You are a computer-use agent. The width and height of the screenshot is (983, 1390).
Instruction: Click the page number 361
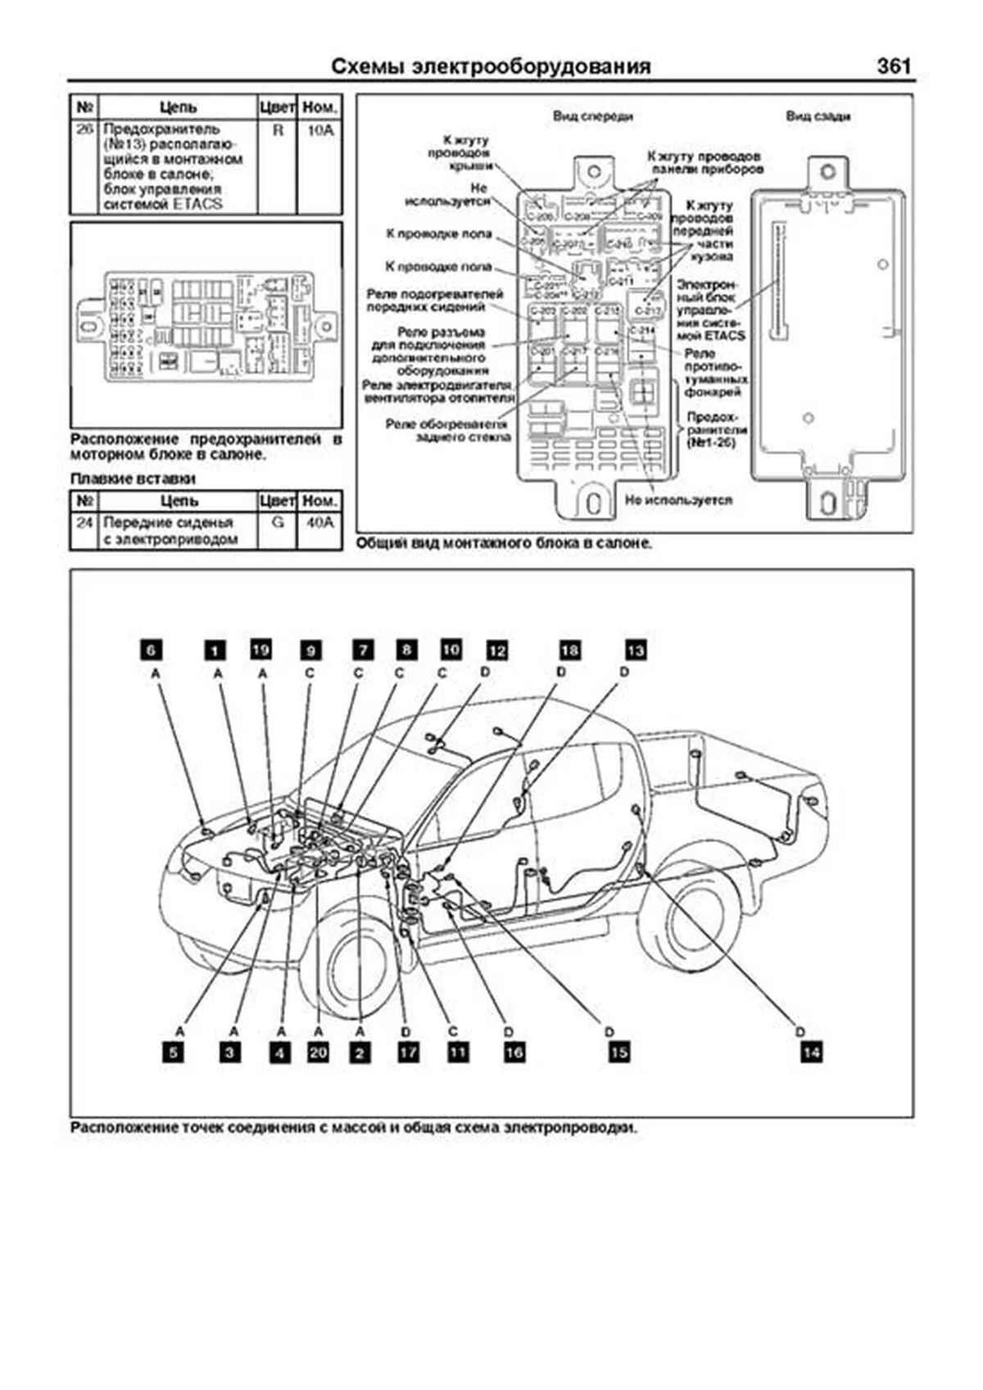(x=893, y=66)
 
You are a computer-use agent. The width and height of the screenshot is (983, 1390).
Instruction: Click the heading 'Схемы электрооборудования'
(x=491, y=66)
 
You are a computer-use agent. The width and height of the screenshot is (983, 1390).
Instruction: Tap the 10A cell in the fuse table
(x=320, y=129)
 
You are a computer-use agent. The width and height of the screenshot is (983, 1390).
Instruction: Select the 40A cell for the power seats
(x=319, y=522)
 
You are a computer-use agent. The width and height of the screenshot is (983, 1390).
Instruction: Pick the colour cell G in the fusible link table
(x=278, y=522)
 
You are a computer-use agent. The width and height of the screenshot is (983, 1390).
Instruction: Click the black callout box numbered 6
(x=152, y=650)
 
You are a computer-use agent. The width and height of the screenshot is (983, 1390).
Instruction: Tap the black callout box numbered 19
(x=260, y=649)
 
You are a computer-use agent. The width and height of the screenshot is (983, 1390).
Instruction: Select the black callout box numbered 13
(x=636, y=650)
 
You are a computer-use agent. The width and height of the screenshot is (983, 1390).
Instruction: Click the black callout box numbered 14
(x=811, y=1052)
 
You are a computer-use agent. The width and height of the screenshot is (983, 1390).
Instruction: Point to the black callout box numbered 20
(x=318, y=1052)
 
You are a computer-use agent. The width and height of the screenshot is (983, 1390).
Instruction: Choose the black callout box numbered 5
(x=173, y=1053)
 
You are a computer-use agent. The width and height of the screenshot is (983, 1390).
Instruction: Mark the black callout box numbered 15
(x=619, y=1052)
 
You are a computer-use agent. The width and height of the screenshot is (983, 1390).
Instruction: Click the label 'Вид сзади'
(x=818, y=116)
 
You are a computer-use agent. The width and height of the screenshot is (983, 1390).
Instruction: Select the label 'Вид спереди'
(x=592, y=116)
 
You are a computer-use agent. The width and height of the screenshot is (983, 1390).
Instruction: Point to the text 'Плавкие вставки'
(x=133, y=478)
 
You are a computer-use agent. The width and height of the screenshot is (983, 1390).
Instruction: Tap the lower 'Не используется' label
(x=678, y=500)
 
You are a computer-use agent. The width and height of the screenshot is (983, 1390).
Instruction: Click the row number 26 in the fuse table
(x=85, y=129)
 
